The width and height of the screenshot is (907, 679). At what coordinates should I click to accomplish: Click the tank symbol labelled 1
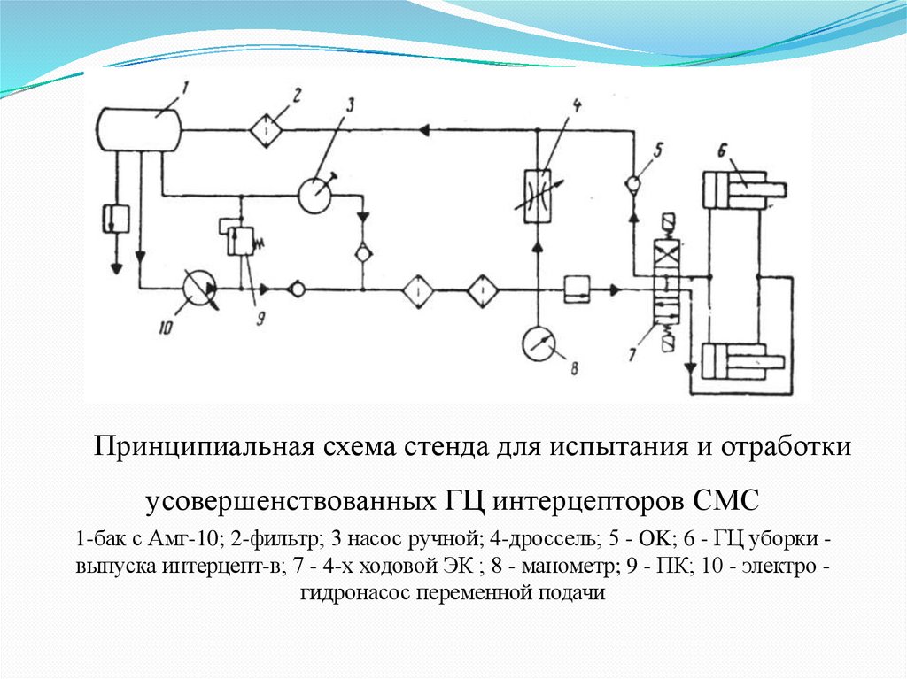tap(138, 129)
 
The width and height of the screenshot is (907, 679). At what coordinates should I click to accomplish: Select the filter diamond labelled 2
tap(264, 129)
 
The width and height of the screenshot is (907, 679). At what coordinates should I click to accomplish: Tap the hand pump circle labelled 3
tap(314, 194)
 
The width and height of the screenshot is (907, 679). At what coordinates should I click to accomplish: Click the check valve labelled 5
tap(633, 184)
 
